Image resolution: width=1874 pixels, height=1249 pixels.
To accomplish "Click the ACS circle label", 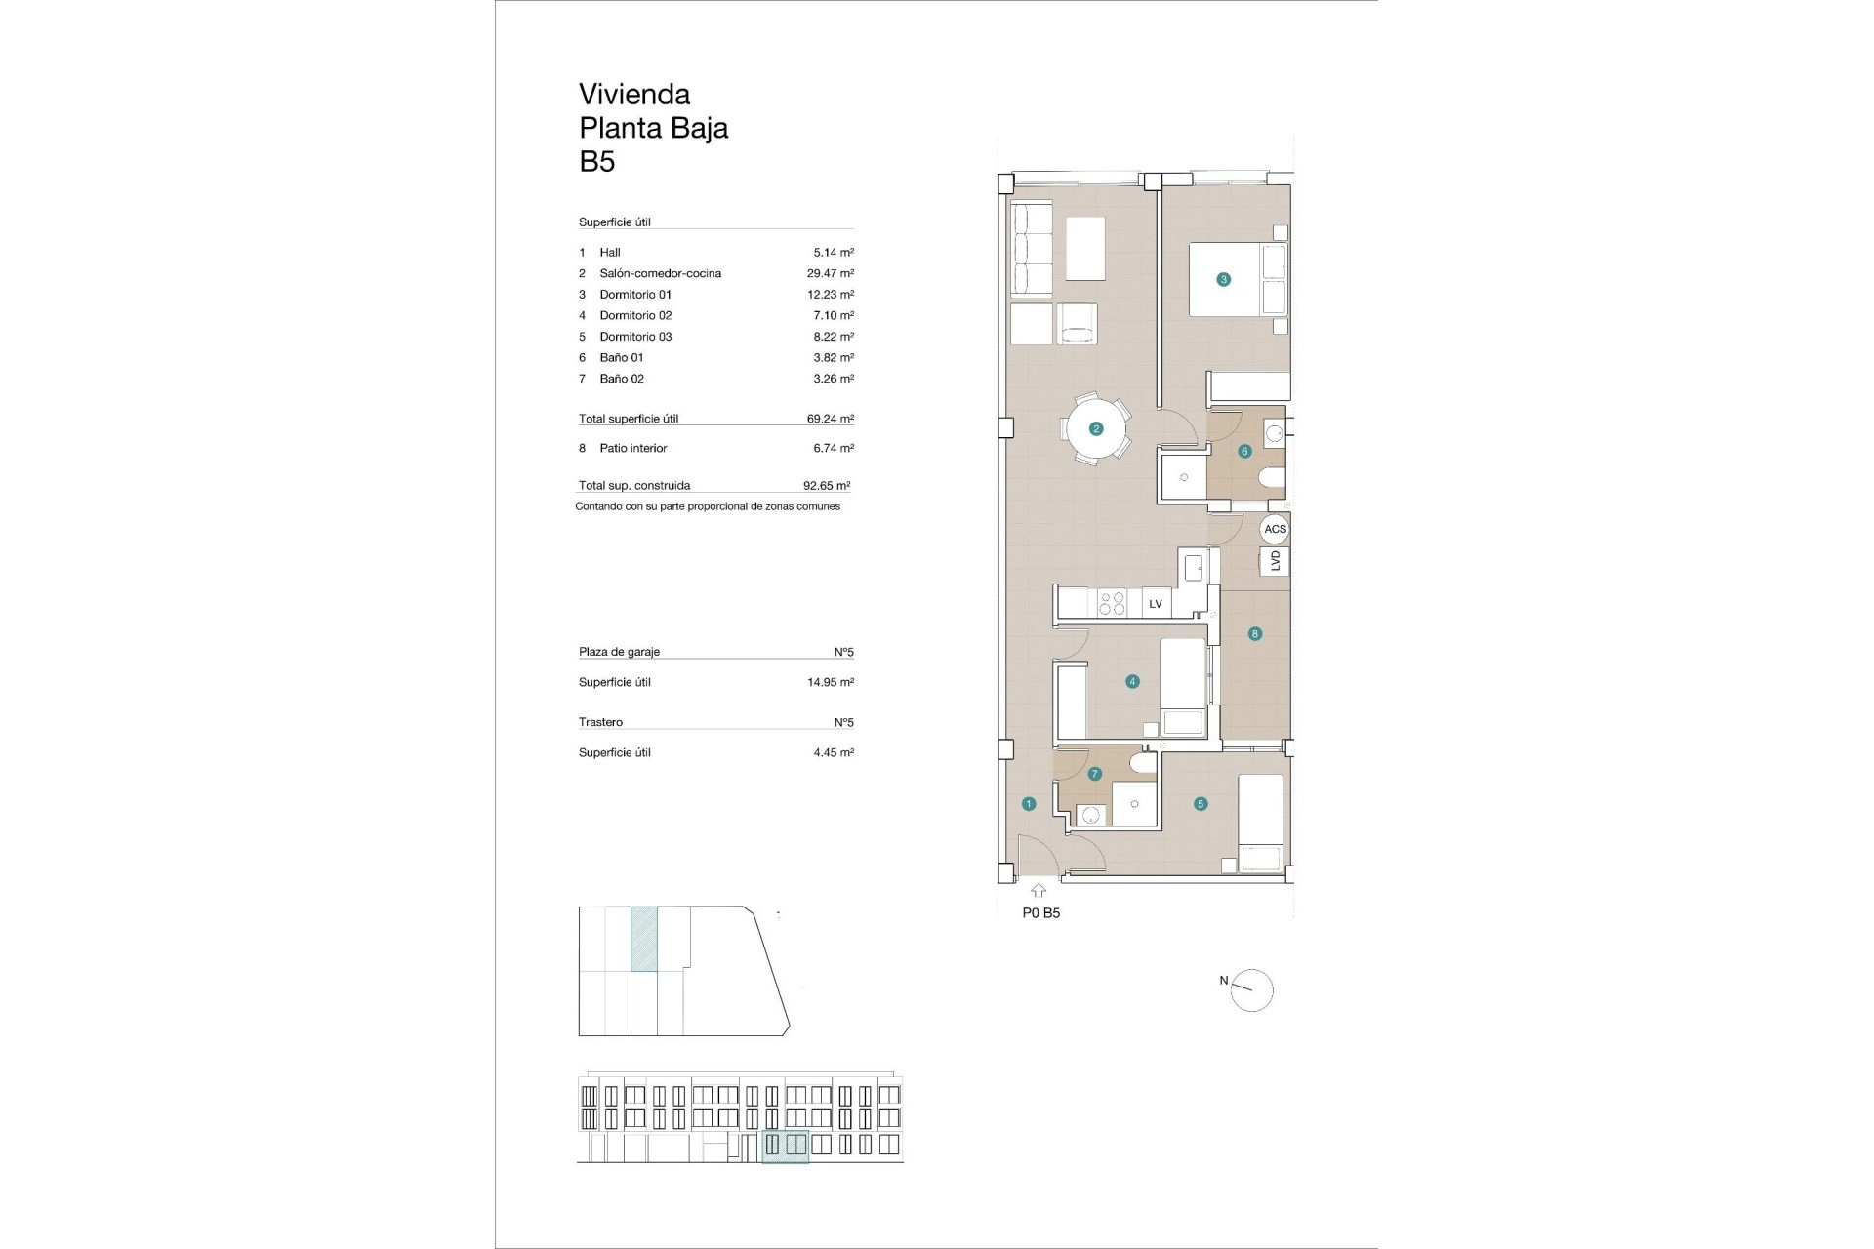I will (x=1275, y=529).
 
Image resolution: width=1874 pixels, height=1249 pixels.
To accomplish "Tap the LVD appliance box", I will (x=1275, y=561).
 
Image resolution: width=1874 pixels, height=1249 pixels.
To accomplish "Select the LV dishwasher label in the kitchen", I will (x=1156, y=604).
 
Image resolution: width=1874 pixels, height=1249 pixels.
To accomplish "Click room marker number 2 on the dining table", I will (x=1096, y=428).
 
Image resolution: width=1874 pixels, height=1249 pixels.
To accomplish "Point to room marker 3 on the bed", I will (x=1224, y=279).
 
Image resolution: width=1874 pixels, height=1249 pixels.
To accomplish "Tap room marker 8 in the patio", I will (x=1255, y=634).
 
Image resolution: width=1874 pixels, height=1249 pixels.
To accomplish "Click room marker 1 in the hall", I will (x=1029, y=804).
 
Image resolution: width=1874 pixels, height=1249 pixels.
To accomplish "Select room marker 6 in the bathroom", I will (x=1244, y=451).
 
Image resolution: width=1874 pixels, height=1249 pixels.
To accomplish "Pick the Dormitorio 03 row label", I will (x=635, y=337).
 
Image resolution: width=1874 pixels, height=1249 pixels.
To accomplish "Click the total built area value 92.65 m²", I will (x=826, y=485).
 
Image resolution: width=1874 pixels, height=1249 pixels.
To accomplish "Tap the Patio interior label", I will (x=632, y=448).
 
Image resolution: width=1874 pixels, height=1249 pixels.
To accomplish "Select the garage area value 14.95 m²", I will (x=830, y=682).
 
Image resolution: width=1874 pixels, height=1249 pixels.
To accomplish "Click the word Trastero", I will (x=600, y=722).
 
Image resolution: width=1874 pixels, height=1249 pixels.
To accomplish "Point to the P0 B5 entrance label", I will (x=1040, y=913).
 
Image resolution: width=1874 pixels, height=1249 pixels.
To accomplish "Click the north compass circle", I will (x=1253, y=990).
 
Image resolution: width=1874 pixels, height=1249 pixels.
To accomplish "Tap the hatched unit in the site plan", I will (x=644, y=939).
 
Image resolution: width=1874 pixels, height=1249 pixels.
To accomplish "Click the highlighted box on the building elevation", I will (x=785, y=1146).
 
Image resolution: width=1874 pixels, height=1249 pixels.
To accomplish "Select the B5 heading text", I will (x=597, y=161).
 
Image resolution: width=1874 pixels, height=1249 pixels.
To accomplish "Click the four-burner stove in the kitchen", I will (x=1112, y=603).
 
